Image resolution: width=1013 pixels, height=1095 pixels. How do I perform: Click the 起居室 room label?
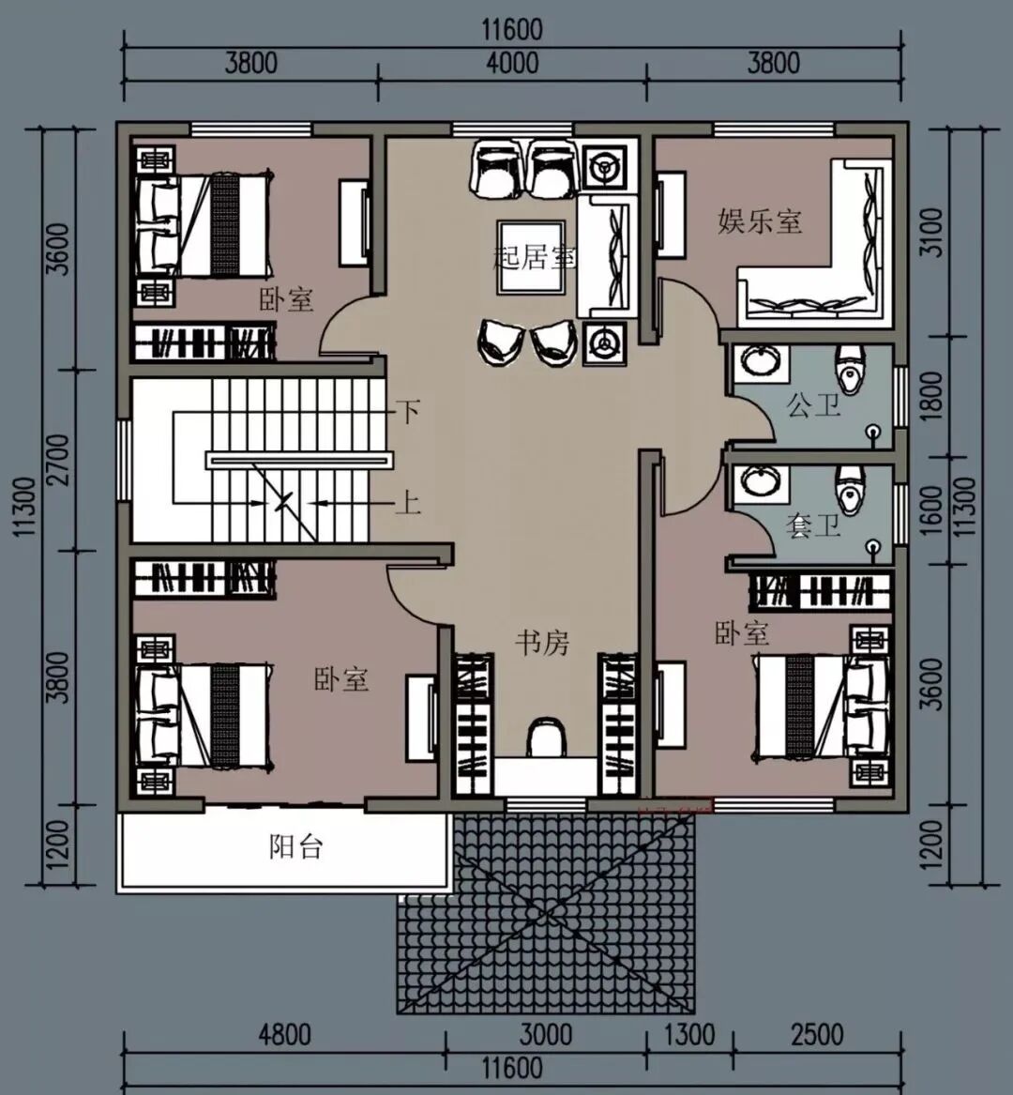click(535, 258)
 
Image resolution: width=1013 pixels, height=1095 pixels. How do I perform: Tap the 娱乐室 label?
click(760, 221)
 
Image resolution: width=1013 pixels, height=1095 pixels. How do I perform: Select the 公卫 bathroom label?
click(812, 405)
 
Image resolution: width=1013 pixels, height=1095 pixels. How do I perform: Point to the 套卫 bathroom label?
click(812, 525)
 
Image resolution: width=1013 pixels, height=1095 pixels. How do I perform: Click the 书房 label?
click(542, 643)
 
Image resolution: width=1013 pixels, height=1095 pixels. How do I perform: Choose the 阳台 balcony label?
click(296, 846)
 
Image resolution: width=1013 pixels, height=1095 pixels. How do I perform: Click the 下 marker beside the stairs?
click(408, 411)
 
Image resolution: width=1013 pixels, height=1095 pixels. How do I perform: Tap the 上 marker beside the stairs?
click(408, 502)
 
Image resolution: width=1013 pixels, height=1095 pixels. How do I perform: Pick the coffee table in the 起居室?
click(531, 257)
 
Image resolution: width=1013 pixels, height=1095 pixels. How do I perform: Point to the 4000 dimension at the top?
click(512, 64)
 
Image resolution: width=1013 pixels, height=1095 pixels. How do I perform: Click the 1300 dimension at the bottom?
click(688, 1035)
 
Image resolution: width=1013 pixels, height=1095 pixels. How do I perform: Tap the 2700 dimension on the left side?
click(60, 460)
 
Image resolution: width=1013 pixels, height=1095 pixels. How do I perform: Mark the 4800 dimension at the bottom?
click(284, 1035)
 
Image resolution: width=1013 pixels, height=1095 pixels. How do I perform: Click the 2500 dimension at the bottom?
click(817, 1035)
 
